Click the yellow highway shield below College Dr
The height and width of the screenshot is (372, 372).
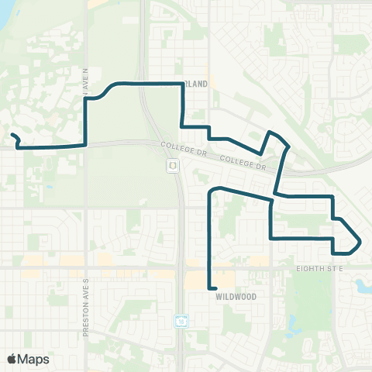[172, 166]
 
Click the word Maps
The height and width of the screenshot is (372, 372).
[34, 359]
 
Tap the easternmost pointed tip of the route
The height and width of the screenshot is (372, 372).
[360, 243]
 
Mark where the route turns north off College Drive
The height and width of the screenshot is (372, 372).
[84, 144]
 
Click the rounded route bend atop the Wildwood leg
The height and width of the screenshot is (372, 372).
[216, 188]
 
